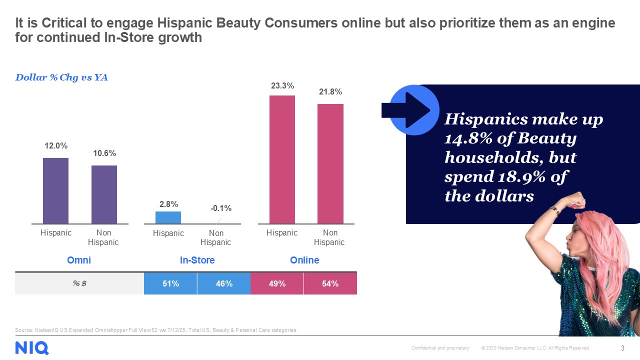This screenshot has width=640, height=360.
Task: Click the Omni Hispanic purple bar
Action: (x=55, y=190)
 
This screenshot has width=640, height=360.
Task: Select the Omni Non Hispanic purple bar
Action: (x=104, y=194)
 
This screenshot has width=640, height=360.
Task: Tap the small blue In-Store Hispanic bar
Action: (x=168, y=217)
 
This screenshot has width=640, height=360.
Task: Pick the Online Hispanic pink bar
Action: (x=282, y=159)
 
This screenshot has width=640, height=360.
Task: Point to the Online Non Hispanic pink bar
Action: (x=330, y=163)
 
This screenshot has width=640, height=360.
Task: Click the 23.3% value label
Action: (x=282, y=86)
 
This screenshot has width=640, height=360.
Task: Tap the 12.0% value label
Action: (x=56, y=146)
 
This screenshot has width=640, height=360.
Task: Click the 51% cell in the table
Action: (x=170, y=283)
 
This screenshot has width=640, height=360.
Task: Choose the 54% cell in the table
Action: (x=330, y=283)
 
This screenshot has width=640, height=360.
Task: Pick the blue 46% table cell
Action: (x=224, y=283)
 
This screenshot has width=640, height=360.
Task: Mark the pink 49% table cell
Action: (x=277, y=283)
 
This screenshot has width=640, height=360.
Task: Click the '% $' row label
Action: (x=79, y=283)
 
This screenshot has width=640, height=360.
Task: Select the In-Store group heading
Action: (x=197, y=260)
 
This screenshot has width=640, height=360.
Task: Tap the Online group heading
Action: (x=304, y=260)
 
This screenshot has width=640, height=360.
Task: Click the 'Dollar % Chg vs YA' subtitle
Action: (x=61, y=77)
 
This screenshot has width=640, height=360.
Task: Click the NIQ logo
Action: (x=32, y=347)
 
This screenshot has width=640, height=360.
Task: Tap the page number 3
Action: (x=622, y=348)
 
